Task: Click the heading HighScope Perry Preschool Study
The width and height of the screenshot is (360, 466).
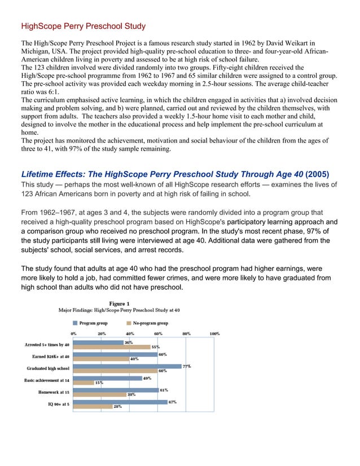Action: pos(83,26)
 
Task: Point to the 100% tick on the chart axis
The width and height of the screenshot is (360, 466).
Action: pos(214,333)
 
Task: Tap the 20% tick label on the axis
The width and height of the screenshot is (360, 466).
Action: pos(102,333)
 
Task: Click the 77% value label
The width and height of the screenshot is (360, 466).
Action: pos(186,366)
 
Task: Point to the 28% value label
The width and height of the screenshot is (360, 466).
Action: pos(118,407)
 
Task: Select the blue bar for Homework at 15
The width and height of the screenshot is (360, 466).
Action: pos(116,390)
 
